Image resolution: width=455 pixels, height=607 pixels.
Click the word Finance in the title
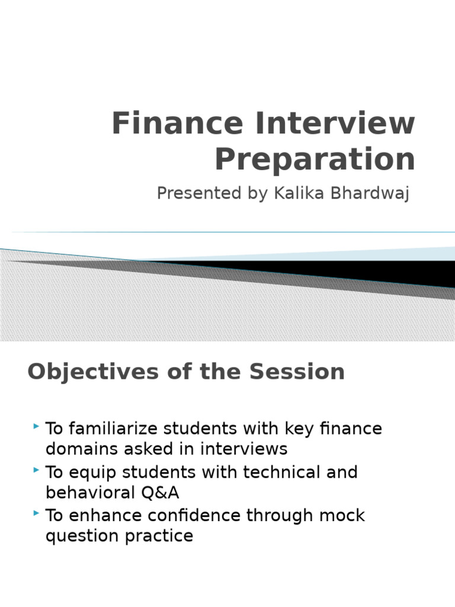(x=178, y=123)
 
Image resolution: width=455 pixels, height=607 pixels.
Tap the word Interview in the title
(x=335, y=123)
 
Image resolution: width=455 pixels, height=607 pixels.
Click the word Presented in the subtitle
(x=199, y=193)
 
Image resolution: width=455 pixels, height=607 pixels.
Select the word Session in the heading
(x=297, y=372)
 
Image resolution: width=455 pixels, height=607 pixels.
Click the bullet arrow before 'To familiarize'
(x=36, y=426)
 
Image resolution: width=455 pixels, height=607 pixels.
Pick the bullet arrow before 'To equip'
(x=36, y=470)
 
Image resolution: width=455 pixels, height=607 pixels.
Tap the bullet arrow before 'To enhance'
(x=36, y=513)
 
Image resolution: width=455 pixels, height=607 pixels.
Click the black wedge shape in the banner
(x=348, y=271)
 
